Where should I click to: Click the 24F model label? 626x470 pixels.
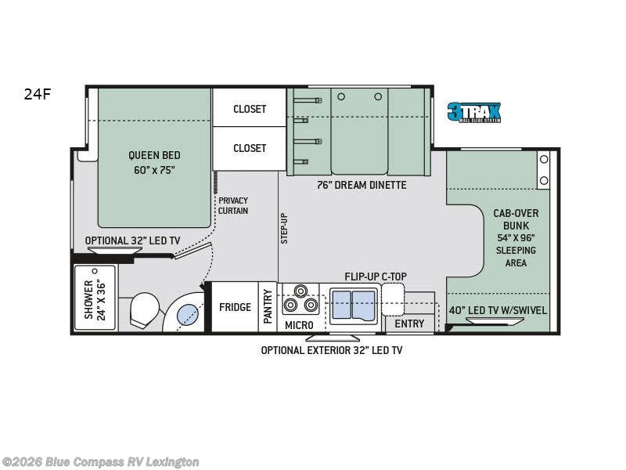coord(38,94)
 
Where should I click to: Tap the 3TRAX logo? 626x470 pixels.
coord(474,112)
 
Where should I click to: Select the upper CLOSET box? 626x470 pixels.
coord(249,108)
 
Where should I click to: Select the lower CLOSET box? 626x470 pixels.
coord(249,149)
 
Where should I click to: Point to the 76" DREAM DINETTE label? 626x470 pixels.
coord(362,185)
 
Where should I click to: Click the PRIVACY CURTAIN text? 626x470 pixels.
coord(233,205)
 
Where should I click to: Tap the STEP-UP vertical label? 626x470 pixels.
coord(284,228)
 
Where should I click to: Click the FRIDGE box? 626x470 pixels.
coord(235,307)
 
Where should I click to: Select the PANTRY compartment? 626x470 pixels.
coord(268,307)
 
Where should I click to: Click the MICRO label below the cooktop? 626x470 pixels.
coord(299,325)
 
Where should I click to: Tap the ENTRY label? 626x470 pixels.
coord(409,324)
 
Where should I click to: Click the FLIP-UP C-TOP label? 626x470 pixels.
coord(376,277)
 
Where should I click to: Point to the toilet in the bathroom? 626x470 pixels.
coord(144,309)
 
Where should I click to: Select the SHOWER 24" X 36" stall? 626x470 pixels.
coord(95,298)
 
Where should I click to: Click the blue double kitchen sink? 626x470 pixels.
coord(354,305)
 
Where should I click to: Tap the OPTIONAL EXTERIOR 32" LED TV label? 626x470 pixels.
coord(331,350)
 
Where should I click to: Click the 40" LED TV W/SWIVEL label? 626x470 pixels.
coord(498,310)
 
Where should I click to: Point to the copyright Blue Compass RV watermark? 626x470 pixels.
coord(100,462)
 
